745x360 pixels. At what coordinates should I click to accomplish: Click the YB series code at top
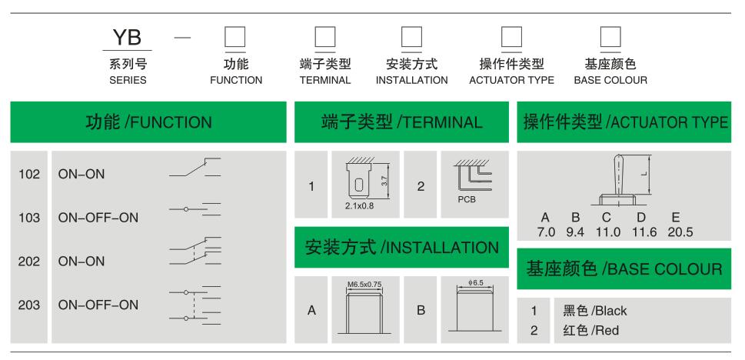[x=127, y=38]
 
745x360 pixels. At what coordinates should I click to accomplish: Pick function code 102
[x=30, y=174]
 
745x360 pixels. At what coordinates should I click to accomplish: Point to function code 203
[x=30, y=305]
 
